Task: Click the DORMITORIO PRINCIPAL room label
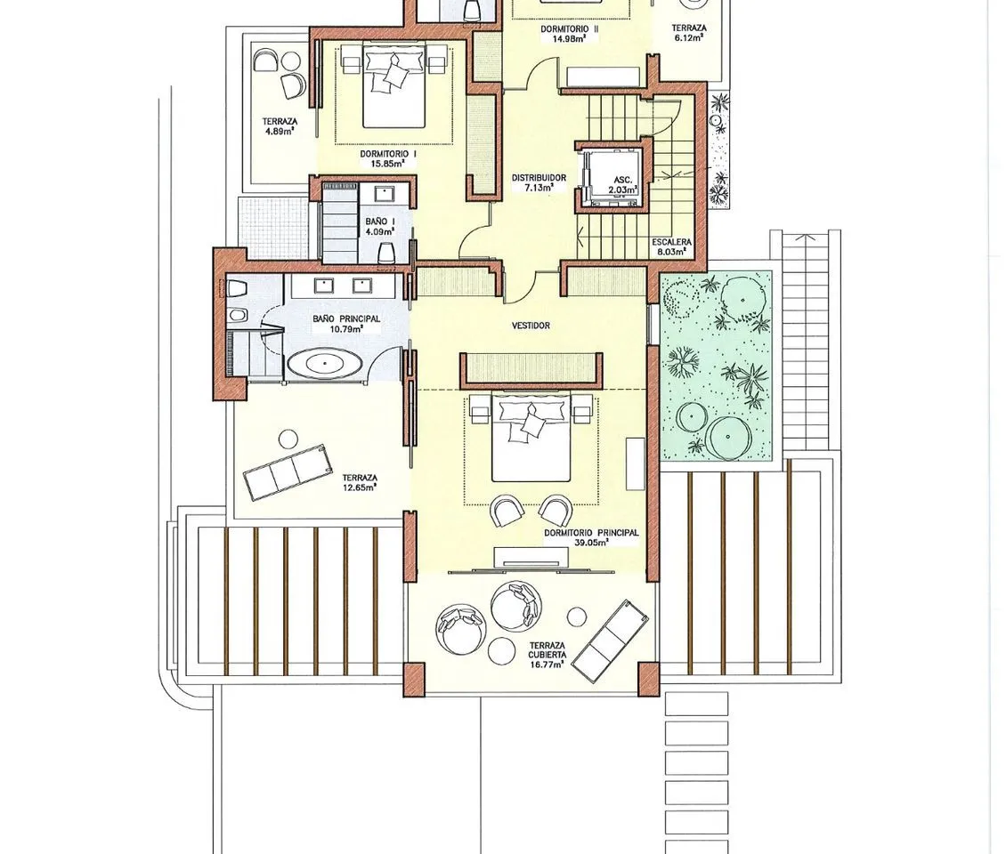(591, 533)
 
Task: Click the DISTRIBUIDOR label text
(539, 178)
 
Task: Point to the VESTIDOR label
(531, 326)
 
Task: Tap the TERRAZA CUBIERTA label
(548, 650)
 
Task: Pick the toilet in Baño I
(385, 253)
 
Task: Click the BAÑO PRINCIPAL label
(345, 318)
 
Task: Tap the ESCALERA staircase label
(672, 242)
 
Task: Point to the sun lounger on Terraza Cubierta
(610, 640)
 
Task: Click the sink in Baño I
(385, 193)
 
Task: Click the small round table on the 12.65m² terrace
(288, 439)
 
